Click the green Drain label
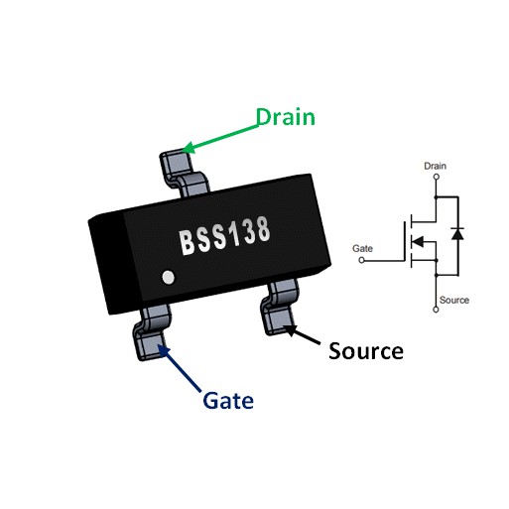pyautogui.click(x=286, y=117)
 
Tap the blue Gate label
pyautogui.click(x=228, y=401)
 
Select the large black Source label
pyautogui.click(x=366, y=351)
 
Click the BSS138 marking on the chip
pyautogui.click(x=225, y=235)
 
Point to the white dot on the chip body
pyautogui.click(x=169, y=277)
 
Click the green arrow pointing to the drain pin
pyautogui.click(x=220, y=139)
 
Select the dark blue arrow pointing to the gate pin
pyautogui.click(x=179, y=368)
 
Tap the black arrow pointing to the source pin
pyautogui.click(x=302, y=334)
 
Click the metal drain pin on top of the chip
pyautogui.click(x=184, y=173)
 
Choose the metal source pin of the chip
pyautogui.click(x=280, y=307)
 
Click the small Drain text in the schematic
pyautogui.click(x=435, y=166)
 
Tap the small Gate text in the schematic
pyautogui.click(x=362, y=248)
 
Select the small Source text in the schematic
pyautogui.click(x=454, y=300)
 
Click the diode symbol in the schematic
pyautogui.click(x=457, y=233)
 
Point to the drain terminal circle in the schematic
pyautogui.click(x=437, y=177)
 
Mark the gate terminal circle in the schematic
pyautogui.click(x=361, y=260)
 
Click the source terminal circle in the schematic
pyautogui.click(x=436, y=310)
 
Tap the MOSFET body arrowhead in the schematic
pyautogui.click(x=418, y=241)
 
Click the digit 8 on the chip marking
pyautogui.click(x=263, y=229)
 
